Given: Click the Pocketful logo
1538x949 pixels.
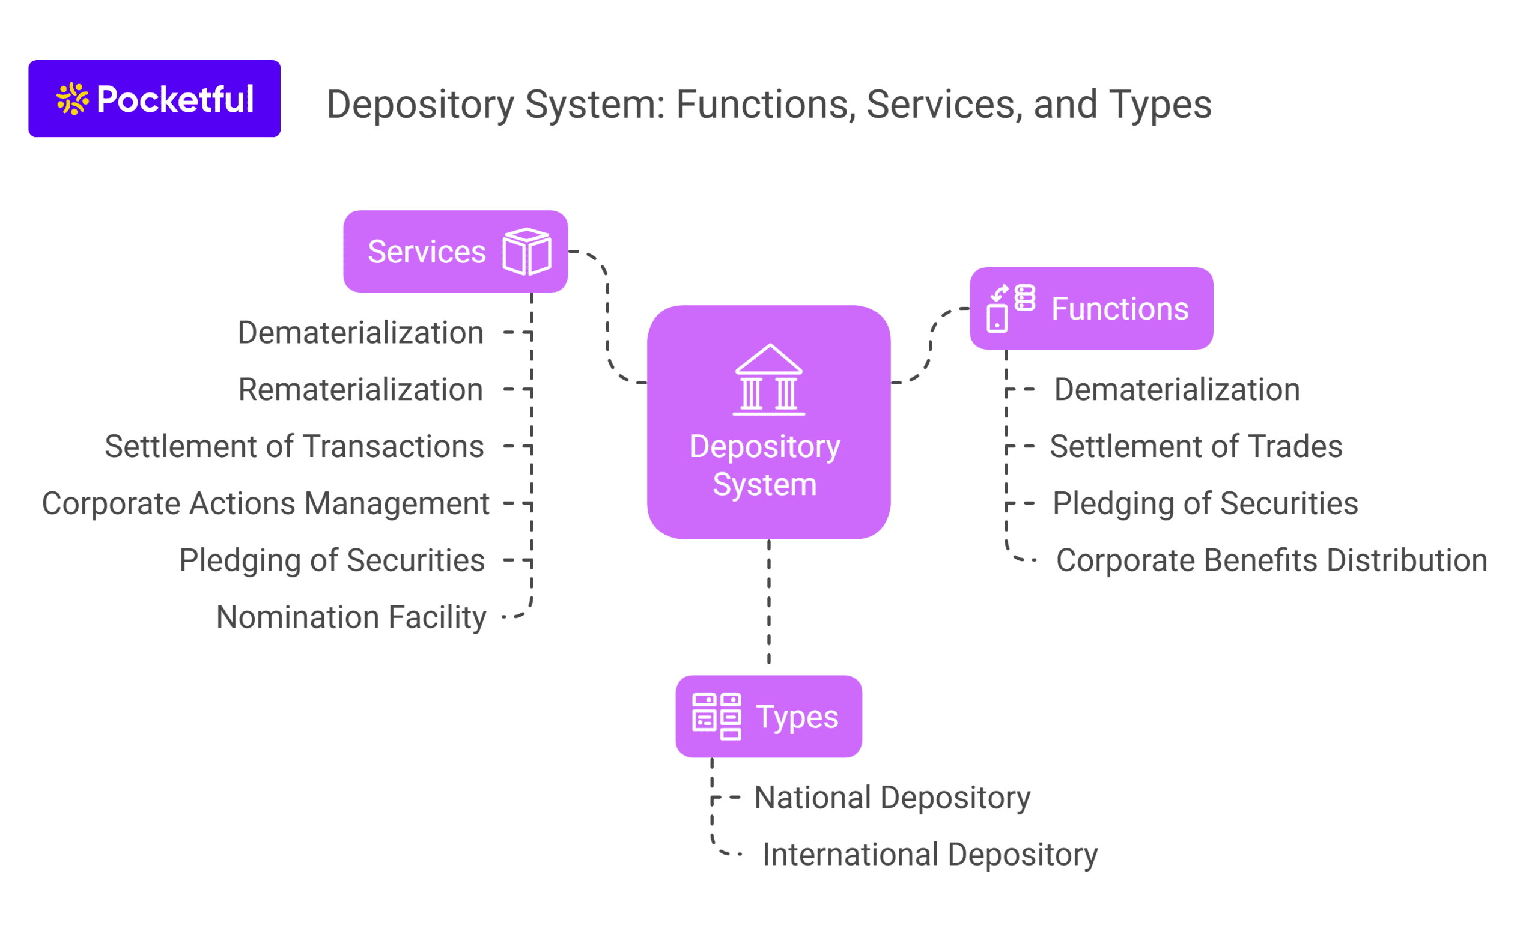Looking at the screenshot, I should click(154, 99).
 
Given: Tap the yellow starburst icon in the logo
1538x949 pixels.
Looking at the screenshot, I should click(72, 99).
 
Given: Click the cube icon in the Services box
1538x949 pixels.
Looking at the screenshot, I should click(527, 252).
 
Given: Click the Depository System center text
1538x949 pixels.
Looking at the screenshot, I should click(765, 465).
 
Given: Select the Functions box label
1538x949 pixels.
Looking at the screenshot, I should click(1119, 309).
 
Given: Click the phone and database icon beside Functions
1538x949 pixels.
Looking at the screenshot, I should click(1010, 308).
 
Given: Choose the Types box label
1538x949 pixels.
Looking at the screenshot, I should click(797, 717).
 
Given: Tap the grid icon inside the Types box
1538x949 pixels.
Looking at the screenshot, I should click(716, 717).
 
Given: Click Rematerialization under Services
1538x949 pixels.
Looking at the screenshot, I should click(360, 390).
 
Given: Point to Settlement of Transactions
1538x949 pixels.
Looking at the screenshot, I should click(294, 446).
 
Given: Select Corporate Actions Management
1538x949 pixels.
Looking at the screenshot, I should click(266, 503).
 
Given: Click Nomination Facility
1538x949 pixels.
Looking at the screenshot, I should click(351, 617).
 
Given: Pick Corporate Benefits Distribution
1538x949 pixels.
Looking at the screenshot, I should click(1271, 560).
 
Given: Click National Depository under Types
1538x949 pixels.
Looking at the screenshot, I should click(892, 798).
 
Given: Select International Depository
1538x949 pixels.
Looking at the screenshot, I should click(929, 854).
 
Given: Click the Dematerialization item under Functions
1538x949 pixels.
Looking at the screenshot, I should click(1176, 390).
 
